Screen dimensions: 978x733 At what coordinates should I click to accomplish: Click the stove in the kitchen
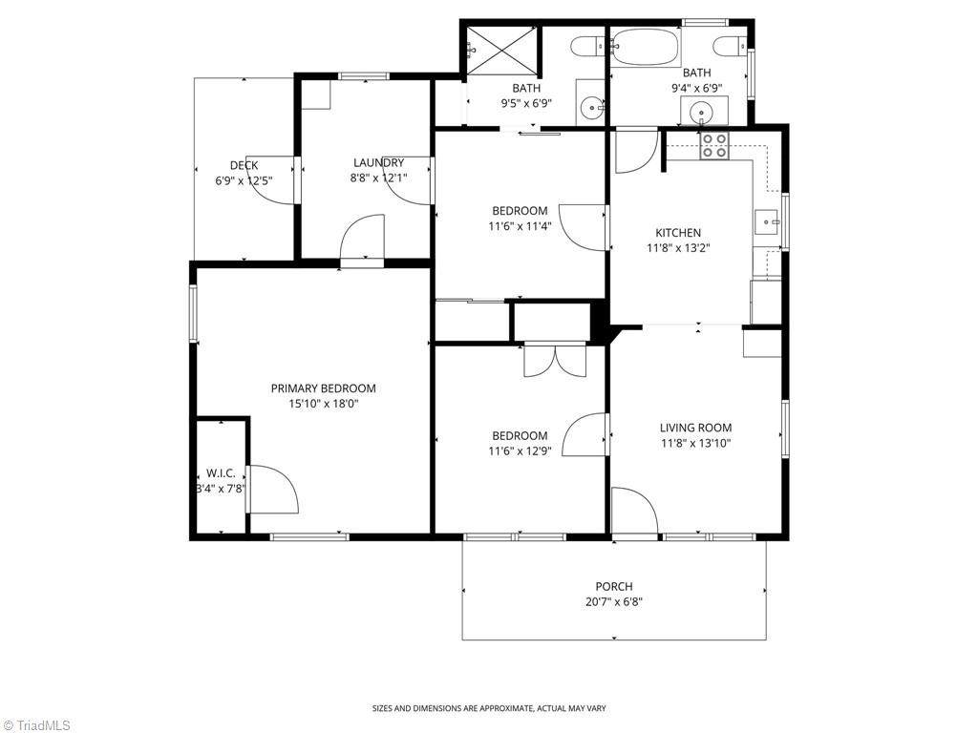[x=714, y=146]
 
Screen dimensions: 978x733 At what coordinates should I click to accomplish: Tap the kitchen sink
[x=768, y=221]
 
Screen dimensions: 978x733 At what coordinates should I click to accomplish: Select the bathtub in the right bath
[x=645, y=46]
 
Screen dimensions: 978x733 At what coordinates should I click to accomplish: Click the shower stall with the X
[x=502, y=52]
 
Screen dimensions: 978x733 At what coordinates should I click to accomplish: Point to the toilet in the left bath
[x=587, y=46]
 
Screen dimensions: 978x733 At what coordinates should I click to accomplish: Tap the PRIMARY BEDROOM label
[x=323, y=388]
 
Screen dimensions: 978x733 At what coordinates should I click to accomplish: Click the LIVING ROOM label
[x=695, y=428]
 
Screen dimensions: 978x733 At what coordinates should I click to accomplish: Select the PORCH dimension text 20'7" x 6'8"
[x=614, y=602]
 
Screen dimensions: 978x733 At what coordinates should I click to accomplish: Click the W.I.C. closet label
[x=221, y=473]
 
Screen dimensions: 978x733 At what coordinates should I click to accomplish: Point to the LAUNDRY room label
[x=378, y=162]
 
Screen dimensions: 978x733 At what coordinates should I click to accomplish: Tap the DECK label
[x=244, y=165]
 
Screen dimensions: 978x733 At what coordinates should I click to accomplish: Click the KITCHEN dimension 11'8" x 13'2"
[x=678, y=248]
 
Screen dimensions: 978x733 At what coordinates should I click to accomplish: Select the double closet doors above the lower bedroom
[x=555, y=360]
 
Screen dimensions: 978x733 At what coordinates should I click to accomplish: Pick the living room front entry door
[x=634, y=512]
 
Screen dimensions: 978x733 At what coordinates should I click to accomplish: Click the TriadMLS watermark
[x=36, y=725]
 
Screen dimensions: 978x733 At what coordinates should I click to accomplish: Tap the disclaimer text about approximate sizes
[x=489, y=708]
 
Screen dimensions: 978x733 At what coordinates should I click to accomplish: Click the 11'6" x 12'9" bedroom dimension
[x=520, y=451]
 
